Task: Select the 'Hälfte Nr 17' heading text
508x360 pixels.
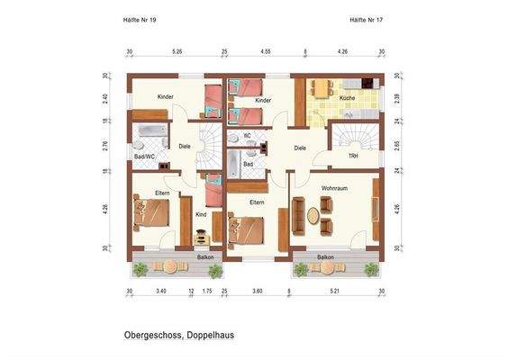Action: click(x=367, y=18)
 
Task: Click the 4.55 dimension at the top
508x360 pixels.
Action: click(x=267, y=52)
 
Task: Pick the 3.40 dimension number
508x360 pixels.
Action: click(x=161, y=292)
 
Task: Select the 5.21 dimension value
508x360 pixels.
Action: click(x=335, y=292)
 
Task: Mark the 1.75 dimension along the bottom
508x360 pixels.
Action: click(x=207, y=292)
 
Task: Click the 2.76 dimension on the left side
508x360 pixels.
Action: click(x=106, y=144)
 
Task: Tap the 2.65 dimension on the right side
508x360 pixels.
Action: click(x=397, y=144)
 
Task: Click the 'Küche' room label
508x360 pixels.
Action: click(x=348, y=96)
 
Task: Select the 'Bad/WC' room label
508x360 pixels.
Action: click(x=145, y=157)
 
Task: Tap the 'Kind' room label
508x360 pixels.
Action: click(x=201, y=214)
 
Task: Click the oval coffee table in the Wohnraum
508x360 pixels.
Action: click(x=313, y=217)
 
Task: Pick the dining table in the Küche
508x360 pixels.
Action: click(x=322, y=87)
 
